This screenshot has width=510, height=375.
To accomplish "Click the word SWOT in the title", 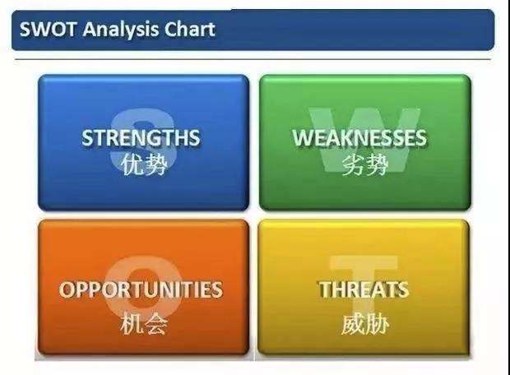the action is pos(48,30).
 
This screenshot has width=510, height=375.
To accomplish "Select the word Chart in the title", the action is pos(190,30).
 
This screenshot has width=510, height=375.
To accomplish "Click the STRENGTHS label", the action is pos(141,137).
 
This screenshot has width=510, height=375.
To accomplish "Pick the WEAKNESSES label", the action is pos(359,137).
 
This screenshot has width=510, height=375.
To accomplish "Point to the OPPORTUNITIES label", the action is pos(141,289).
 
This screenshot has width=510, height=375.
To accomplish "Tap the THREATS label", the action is pos(364,289).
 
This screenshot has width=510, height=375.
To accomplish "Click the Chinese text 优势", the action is pos(144,164).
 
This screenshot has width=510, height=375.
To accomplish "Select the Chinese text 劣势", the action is pos(365,164).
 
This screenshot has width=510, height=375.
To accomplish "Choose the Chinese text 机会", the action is pos(144,323).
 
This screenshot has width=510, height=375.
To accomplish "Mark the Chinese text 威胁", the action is pos(365,324).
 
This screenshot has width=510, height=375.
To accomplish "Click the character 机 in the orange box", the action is pos(132,323).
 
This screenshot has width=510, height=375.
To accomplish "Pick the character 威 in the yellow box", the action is pos(353,324).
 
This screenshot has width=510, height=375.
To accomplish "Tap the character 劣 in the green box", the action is pos(353,164).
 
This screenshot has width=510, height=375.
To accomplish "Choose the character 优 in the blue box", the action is pos(132,164).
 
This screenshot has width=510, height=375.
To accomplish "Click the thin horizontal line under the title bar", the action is pos(253,59).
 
